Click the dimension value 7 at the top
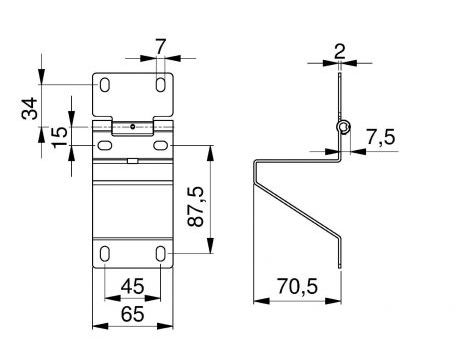160,47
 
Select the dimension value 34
29,108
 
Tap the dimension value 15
59,137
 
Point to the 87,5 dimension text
195,207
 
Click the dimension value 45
132,286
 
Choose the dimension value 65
132,314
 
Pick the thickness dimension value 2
340,52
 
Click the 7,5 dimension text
381,137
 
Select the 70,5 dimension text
297,287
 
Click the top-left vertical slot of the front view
105,85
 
